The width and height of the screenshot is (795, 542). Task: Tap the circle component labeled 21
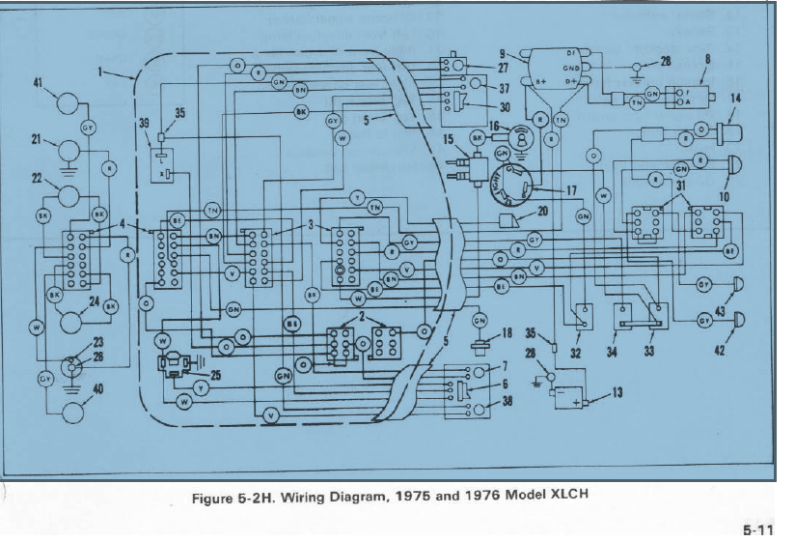pyautogui.click(x=69, y=150)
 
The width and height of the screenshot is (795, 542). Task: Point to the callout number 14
pyautogui.click(x=736, y=98)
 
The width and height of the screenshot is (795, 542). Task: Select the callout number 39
pyautogui.click(x=143, y=123)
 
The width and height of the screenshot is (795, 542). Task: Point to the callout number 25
pyautogui.click(x=214, y=376)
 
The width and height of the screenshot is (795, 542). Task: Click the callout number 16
pyautogui.click(x=493, y=126)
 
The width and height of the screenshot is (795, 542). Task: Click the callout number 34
pyautogui.click(x=610, y=351)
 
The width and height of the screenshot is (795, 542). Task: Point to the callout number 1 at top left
pyautogui.click(x=100, y=71)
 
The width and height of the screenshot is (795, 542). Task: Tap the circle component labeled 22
pyautogui.click(x=69, y=193)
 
